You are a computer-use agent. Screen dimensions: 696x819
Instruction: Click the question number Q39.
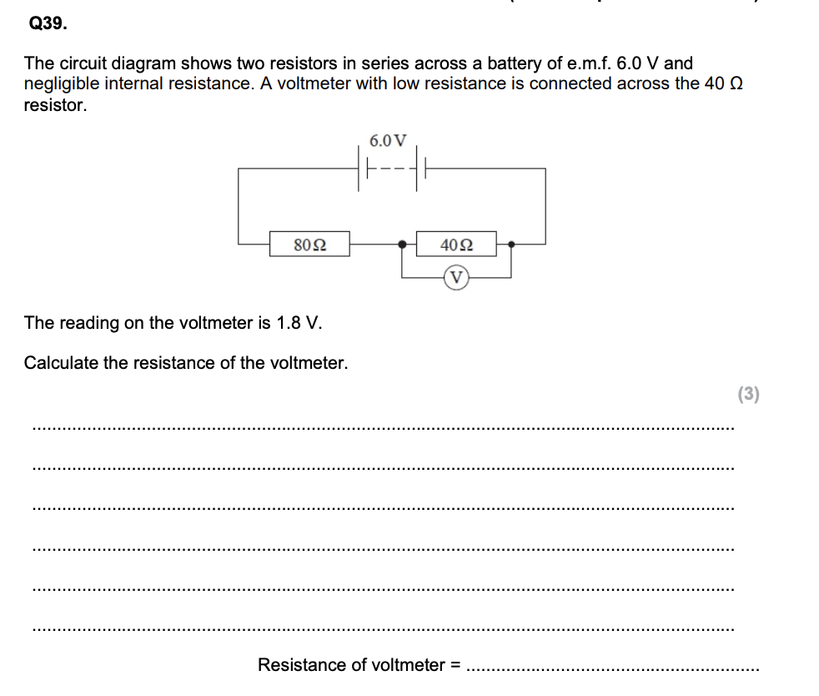(47, 24)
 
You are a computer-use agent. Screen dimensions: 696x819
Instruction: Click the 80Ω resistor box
(309, 245)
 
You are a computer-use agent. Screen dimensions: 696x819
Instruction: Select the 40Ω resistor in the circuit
(455, 245)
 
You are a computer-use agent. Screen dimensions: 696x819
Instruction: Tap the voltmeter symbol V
(456, 277)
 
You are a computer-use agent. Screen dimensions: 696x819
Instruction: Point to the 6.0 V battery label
(389, 139)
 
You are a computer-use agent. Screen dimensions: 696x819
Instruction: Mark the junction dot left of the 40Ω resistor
(403, 245)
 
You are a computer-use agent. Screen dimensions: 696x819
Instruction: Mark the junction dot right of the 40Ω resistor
(510, 245)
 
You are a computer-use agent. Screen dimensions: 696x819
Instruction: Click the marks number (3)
(749, 395)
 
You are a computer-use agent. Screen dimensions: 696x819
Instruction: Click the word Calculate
(61, 363)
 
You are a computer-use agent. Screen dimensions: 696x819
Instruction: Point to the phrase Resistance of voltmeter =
(359, 665)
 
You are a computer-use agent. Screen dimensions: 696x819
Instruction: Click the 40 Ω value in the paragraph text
(721, 83)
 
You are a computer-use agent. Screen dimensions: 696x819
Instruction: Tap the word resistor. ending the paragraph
(55, 104)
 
